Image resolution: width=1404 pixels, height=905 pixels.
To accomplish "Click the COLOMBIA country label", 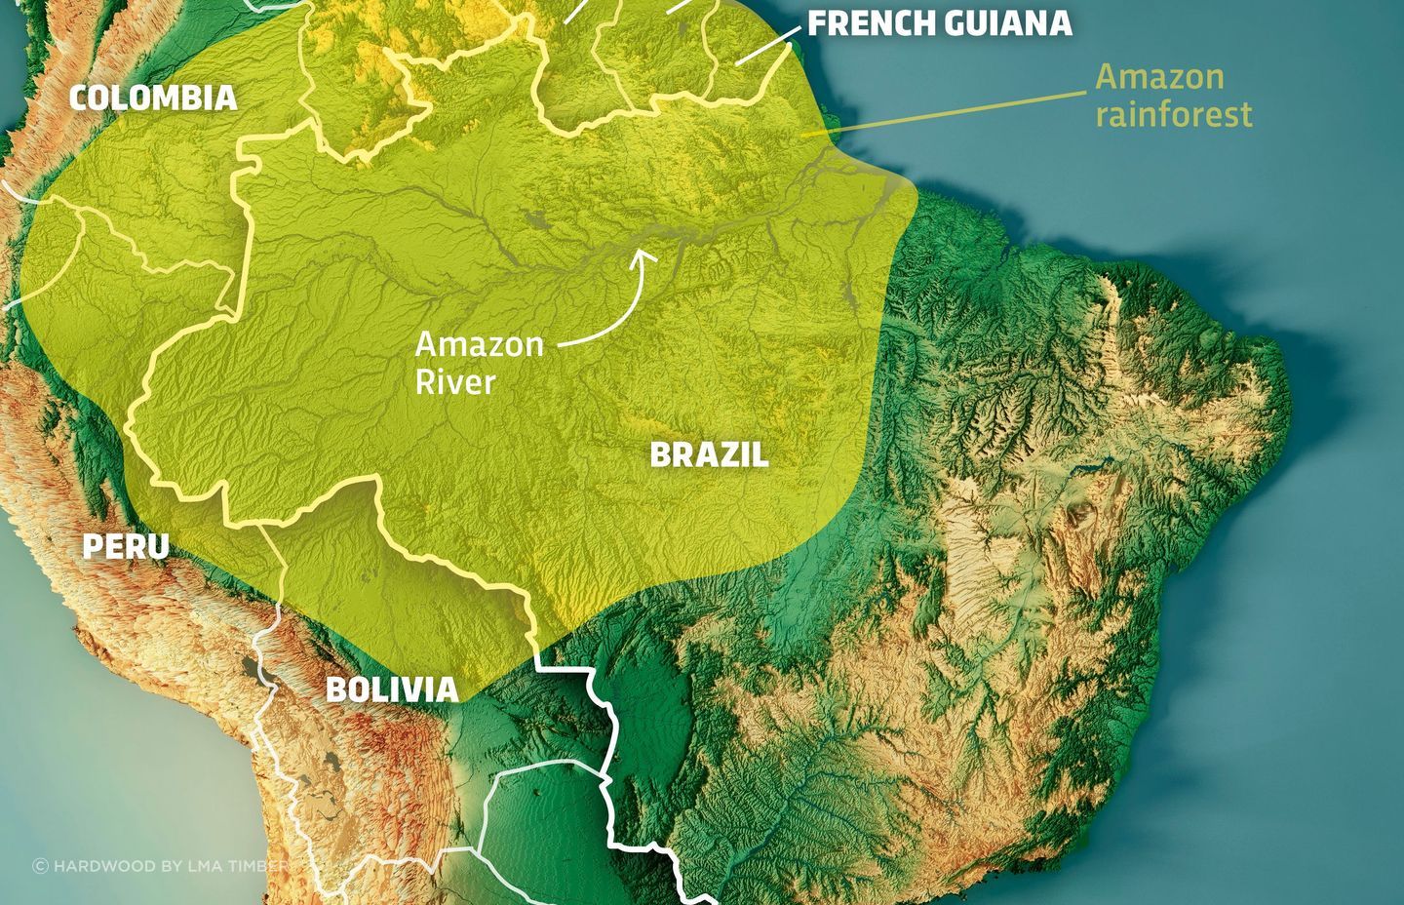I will point(153,98).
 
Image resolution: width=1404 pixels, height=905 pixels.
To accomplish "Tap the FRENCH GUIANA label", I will point(939,23).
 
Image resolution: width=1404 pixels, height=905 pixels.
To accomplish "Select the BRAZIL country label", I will point(709,454).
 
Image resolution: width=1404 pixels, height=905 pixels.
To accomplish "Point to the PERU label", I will point(125,547).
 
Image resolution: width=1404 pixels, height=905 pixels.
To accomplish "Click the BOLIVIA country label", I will point(391,689).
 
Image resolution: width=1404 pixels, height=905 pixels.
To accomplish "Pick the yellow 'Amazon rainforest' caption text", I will point(1173,96).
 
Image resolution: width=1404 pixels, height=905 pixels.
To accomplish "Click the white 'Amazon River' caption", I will point(478,362).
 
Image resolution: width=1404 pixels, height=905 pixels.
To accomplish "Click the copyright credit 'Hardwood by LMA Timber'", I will point(161,865).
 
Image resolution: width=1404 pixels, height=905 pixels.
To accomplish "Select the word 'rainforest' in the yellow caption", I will point(1173,114).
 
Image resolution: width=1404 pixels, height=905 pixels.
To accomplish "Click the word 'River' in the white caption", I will point(455,381).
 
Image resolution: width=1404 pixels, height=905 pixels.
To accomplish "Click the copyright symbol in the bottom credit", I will point(40,865).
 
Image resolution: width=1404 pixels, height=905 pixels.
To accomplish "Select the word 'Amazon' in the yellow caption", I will point(1159,77).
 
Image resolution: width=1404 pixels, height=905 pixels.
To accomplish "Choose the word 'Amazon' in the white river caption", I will point(478,344).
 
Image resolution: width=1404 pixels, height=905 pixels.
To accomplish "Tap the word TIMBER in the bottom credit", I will point(261,865).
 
